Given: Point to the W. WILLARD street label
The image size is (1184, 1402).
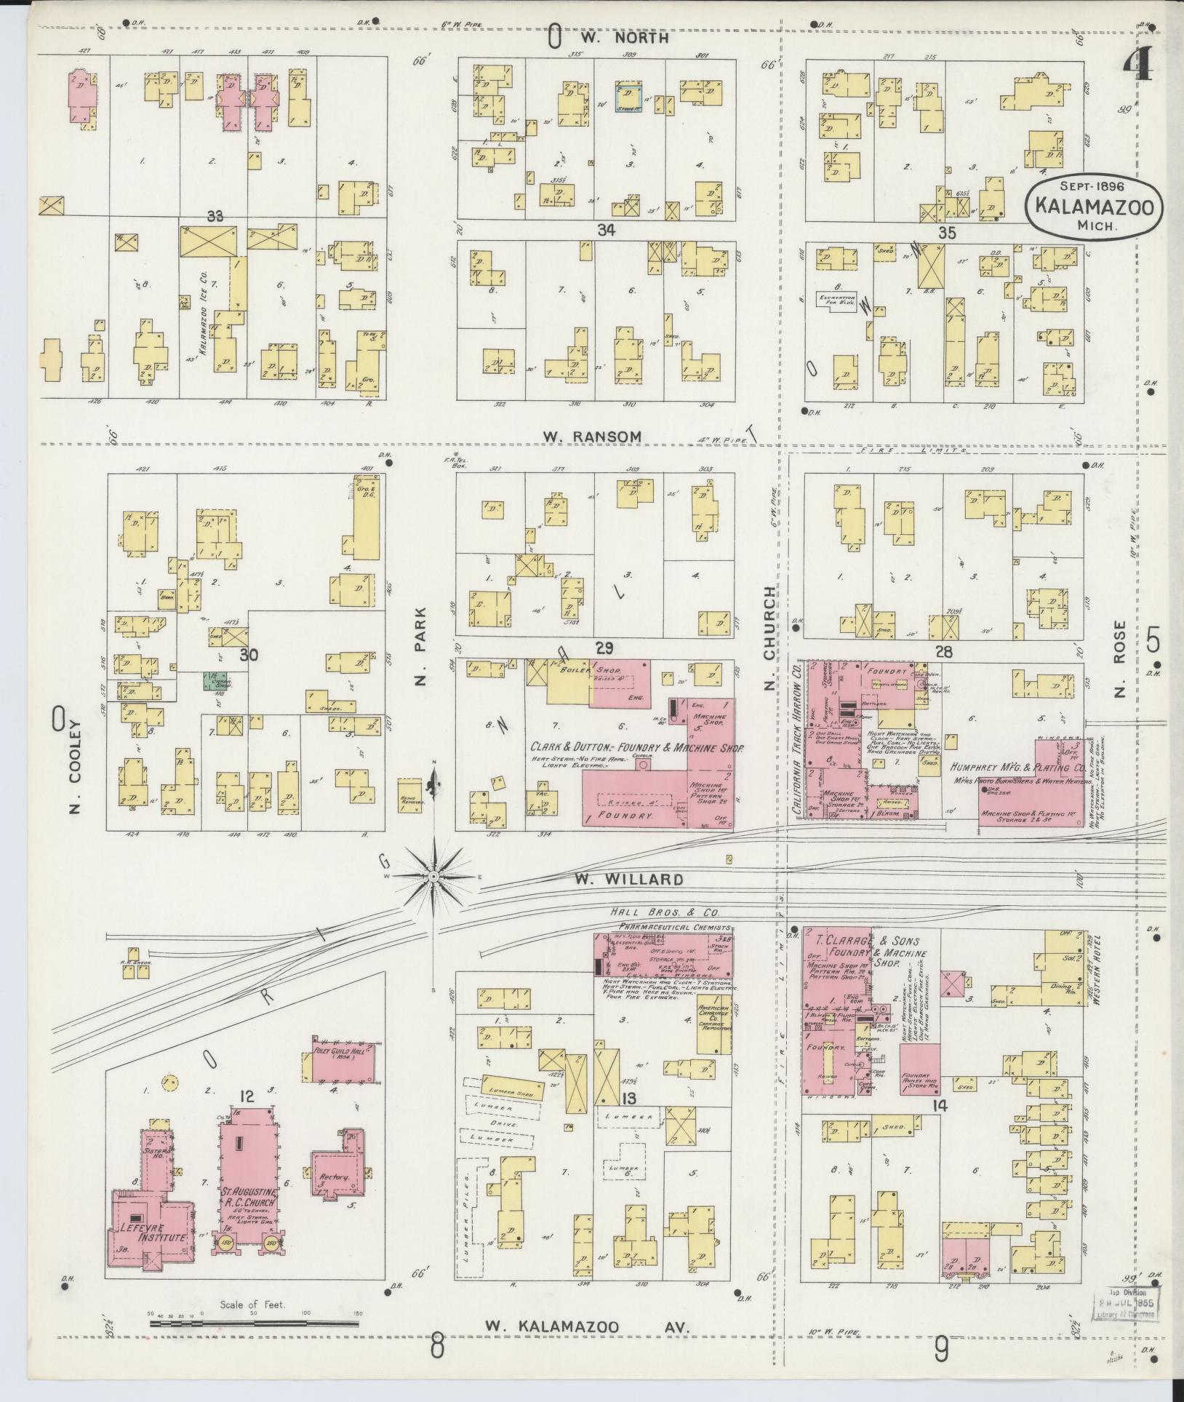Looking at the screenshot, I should pos(628,880).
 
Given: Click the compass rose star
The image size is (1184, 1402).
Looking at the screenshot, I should pos(433,877).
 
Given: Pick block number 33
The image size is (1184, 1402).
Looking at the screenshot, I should pos(215,215).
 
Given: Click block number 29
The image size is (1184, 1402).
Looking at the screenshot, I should pos(604,648).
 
